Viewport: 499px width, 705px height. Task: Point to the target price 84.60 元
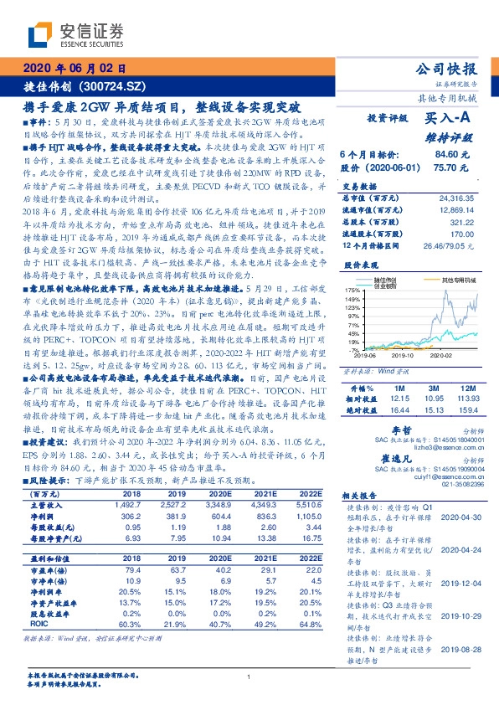point(445,155)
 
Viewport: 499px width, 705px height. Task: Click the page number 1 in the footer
point(249,677)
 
